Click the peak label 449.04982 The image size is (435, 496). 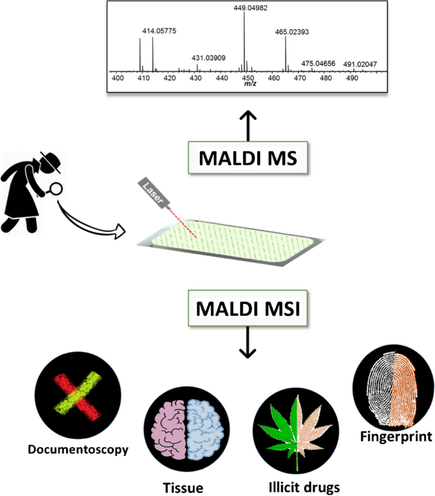click(244, 7)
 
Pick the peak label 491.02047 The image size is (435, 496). click(344, 64)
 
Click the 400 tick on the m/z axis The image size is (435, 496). click(117, 78)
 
